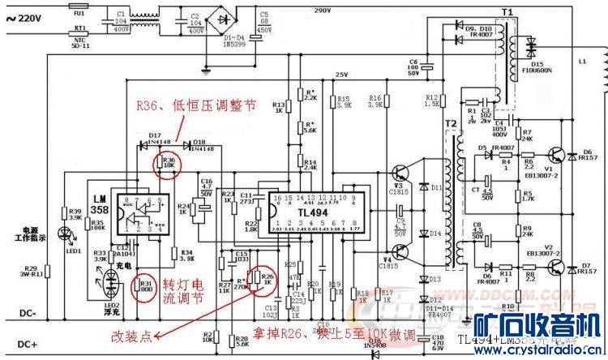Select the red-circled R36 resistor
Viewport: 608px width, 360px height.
click(169, 163)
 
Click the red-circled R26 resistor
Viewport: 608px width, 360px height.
click(265, 280)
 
